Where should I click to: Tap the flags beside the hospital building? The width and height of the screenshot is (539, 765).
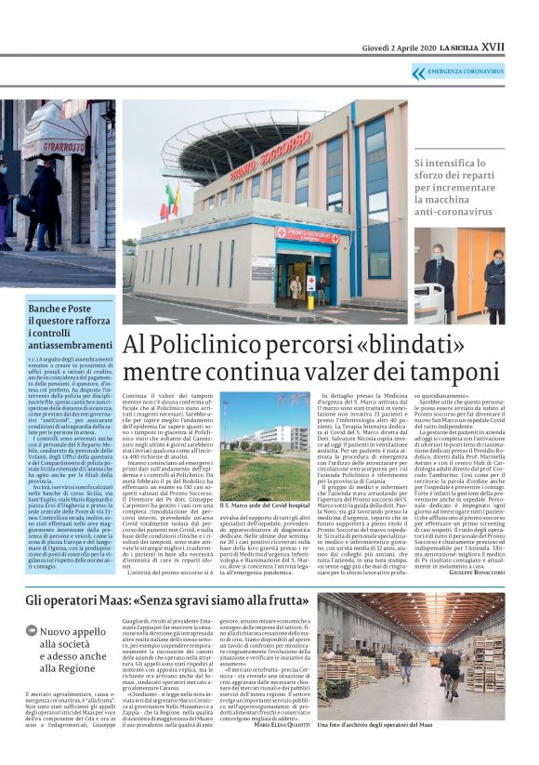(171, 200)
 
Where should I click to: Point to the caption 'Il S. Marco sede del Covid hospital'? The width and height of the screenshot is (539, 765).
(265, 507)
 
